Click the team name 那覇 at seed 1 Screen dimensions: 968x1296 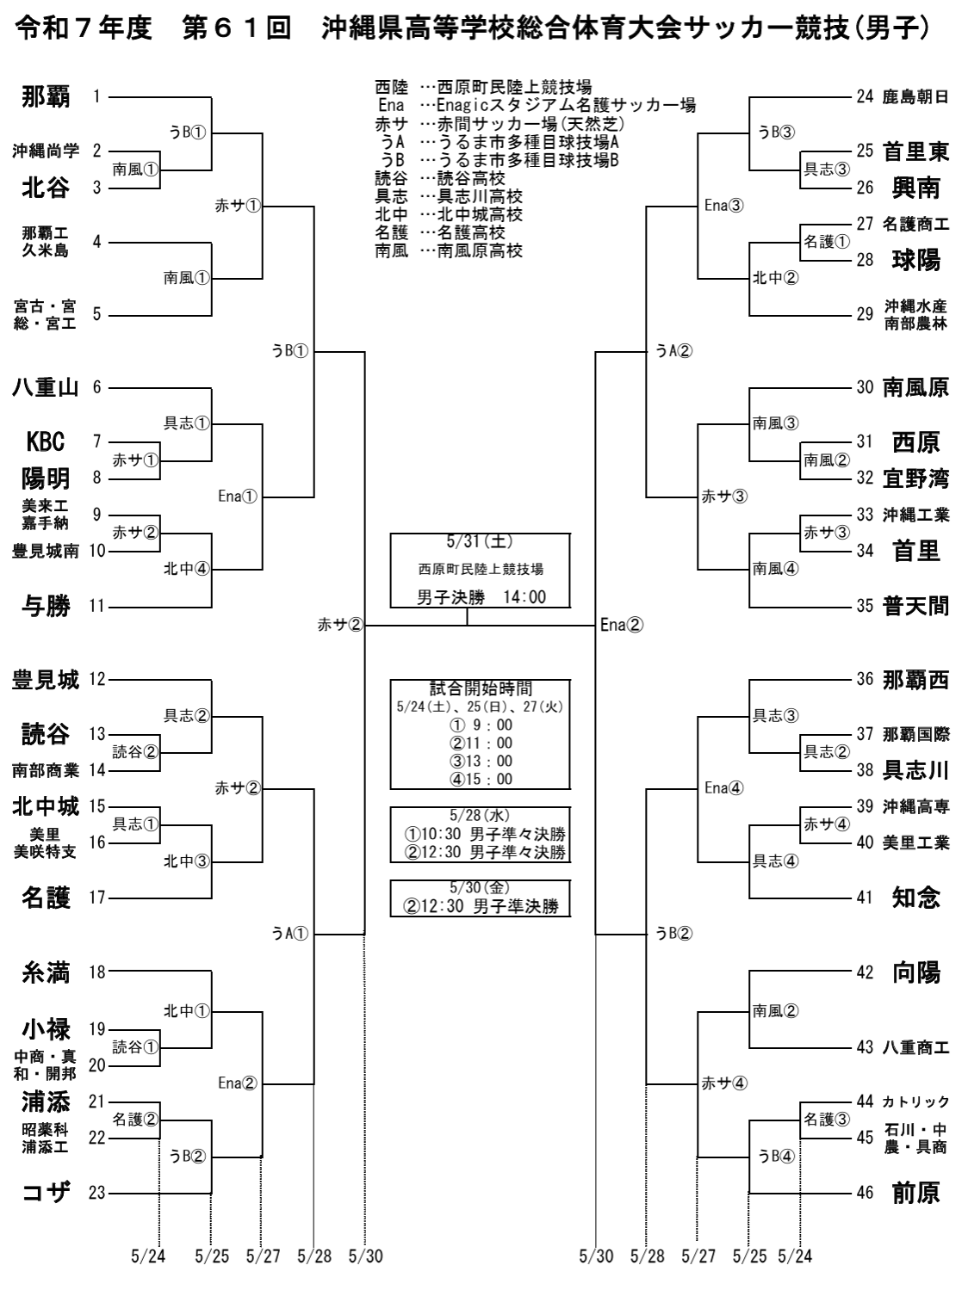pos(46,97)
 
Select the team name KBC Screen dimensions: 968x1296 pos(46,441)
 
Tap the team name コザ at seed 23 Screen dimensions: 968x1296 pos(46,1192)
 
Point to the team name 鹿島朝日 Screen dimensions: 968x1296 pos(915,97)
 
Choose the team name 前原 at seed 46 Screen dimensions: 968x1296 pos(915,1192)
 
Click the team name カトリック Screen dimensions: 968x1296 pos(915,1102)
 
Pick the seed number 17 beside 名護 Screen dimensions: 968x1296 pos(96,898)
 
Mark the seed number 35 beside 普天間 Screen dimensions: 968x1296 pos(865,606)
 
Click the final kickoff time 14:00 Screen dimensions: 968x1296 pos(524,597)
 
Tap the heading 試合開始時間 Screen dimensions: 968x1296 pos(481,688)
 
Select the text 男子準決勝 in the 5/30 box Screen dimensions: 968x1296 pos(516,905)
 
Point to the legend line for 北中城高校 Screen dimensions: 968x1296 pos(449,214)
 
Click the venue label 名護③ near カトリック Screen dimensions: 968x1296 pos(826,1120)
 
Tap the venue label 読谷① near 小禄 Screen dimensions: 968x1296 pos(135,1047)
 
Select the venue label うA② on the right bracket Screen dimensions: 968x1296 pos(673,351)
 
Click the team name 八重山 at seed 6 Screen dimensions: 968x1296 pos(46,387)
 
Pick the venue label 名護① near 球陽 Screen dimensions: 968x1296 pos(826,242)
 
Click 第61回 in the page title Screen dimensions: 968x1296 pos(237,28)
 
